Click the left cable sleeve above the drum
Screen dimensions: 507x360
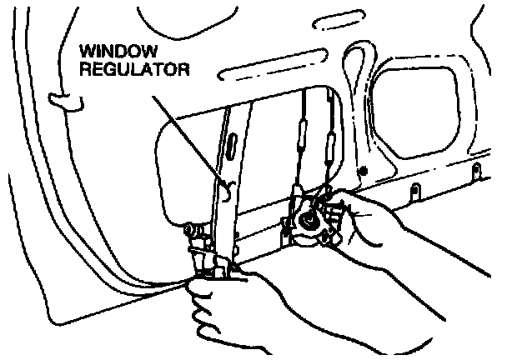click(301, 134)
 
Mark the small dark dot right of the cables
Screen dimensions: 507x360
click(363, 172)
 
